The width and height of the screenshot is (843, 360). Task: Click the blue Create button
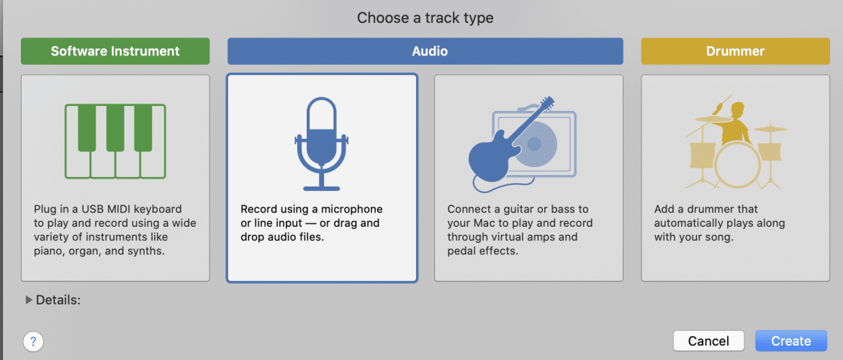(x=791, y=341)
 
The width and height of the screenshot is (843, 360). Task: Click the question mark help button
(x=33, y=341)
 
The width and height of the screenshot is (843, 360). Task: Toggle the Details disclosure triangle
(x=29, y=300)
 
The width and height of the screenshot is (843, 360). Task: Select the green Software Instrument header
(x=115, y=51)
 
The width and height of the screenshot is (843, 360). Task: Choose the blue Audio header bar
(x=425, y=51)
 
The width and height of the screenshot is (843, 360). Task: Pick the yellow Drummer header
(x=736, y=51)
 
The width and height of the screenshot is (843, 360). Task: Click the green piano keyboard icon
(x=115, y=141)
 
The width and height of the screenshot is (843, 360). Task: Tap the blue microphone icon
(x=322, y=144)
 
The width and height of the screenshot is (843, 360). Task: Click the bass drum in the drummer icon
(x=737, y=164)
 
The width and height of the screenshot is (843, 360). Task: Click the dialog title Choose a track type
(x=425, y=18)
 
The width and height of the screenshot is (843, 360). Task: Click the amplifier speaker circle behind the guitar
(x=534, y=143)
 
